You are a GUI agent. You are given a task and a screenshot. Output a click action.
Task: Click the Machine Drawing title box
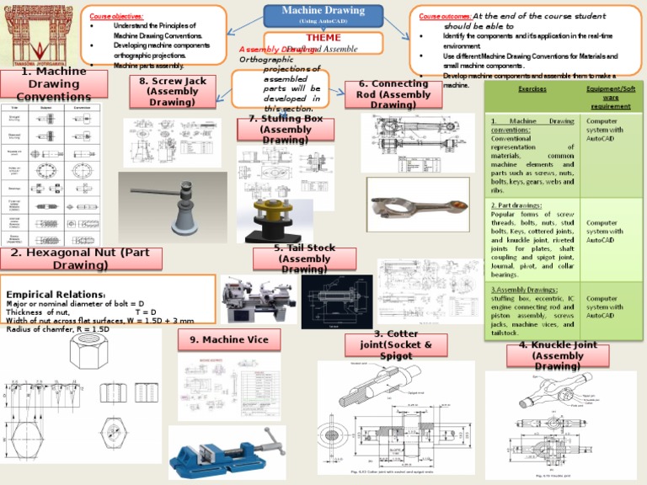point(323,14)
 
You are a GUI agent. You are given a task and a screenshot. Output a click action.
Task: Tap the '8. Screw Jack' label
point(172,91)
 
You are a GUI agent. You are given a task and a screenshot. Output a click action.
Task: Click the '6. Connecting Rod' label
point(393,94)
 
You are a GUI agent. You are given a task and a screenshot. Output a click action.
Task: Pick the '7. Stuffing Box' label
point(285,130)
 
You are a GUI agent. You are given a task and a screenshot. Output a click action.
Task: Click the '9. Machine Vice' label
point(228,339)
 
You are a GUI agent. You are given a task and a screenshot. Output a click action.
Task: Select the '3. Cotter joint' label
point(396,345)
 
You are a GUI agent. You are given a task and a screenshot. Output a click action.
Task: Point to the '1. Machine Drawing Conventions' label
point(54,84)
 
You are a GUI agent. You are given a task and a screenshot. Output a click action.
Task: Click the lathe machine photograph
point(259,297)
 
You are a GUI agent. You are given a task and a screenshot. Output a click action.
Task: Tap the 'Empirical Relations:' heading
point(56,295)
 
